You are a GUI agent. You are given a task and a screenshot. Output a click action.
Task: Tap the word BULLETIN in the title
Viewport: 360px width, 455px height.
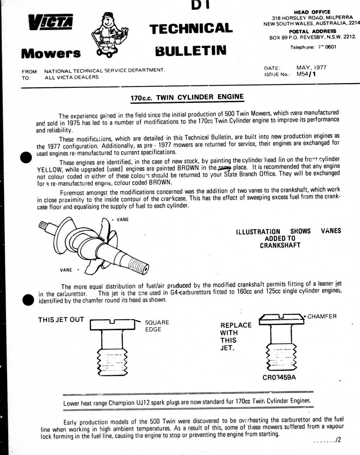pos(190,50)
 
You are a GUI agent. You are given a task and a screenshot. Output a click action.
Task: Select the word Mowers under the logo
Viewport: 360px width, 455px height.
pos(51,53)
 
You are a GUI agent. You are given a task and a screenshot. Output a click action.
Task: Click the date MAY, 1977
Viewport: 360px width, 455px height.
pos(311,67)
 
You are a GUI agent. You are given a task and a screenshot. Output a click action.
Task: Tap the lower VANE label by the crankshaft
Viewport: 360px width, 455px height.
pos(66,270)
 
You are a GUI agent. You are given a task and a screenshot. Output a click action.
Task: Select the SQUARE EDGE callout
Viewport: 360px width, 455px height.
pos(157,326)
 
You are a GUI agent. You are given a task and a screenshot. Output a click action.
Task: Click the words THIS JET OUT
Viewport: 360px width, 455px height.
pos(61,320)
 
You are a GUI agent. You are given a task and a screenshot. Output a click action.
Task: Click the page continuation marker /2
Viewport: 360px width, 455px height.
pos(338,440)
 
